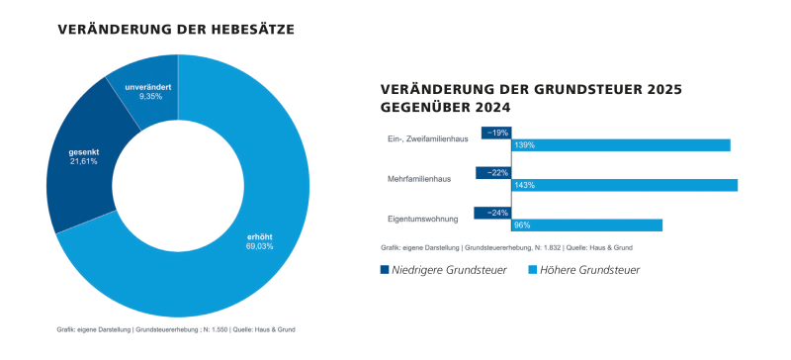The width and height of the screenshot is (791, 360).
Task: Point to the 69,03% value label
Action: (x=259, y=246)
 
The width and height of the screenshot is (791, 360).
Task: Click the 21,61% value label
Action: (x=83, y=161)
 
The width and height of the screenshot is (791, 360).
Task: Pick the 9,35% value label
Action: (x=150, y=97)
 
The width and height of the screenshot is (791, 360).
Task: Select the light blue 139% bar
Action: (x=620, y=145)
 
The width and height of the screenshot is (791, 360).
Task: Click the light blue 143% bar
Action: (x=624, y=185)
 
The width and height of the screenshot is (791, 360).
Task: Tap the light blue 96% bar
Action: (x=586, y=225)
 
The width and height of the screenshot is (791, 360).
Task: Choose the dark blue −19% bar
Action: (x=496, y=133)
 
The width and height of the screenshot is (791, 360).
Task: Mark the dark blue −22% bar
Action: (x=493, y=173)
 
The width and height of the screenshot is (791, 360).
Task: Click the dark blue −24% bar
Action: (x=492, y=213)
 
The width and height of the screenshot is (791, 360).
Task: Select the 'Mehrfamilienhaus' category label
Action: (x=422, y=179)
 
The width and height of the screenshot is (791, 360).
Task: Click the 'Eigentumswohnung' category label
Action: (x=422, y=219)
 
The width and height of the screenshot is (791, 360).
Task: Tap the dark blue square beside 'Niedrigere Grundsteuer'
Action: (x=386, y=270)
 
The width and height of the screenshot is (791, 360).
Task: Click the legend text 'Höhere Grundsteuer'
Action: (x=590, y=270)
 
